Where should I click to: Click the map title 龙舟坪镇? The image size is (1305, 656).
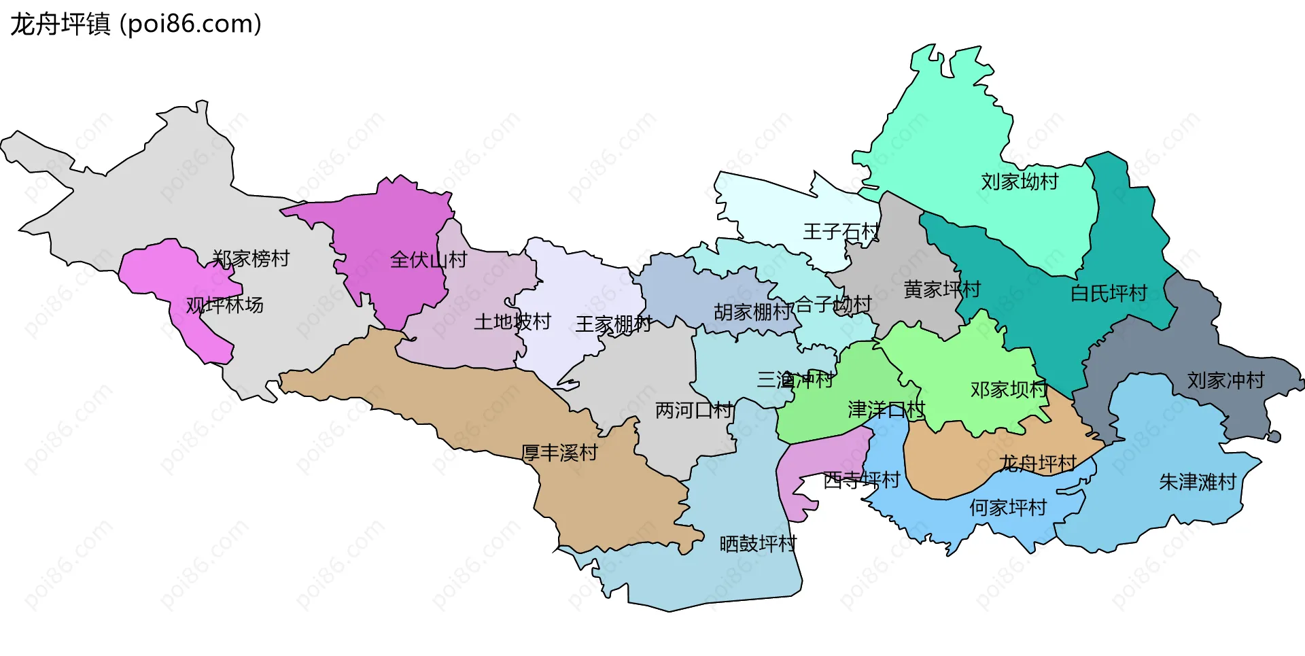60,24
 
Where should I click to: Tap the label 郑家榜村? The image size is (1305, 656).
251,259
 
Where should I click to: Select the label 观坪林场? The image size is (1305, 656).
225,305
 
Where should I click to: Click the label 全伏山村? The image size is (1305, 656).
428,260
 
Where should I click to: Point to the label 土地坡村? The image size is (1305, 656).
512,322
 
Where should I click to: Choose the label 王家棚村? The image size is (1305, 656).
613,324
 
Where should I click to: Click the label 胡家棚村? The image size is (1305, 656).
753,312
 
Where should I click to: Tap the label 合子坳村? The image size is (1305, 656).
833,305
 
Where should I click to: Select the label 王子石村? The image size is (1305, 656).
841,232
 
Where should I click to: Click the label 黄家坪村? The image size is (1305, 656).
942,290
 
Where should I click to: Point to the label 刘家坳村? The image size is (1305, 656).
1020,182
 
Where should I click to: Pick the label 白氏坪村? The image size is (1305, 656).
1109,294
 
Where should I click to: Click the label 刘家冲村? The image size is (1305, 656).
1225,381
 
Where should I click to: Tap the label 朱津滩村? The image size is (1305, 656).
1198,483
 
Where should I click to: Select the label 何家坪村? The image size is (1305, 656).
1008,508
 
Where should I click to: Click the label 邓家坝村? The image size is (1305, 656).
1009,390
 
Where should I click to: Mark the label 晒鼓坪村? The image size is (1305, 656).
758,544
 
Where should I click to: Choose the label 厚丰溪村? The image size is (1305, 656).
559,453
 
